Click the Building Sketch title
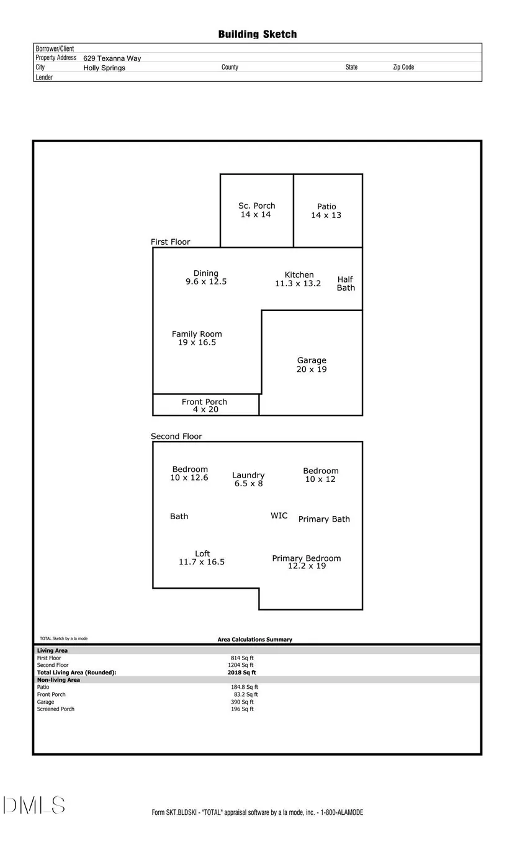pos(258,34)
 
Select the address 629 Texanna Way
pos(112,58)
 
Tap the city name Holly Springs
pos(104,68)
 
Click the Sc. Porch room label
pos(256,210)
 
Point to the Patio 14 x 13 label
pos(326,211)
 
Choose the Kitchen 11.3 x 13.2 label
pos(298,279)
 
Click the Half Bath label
pos(346,283)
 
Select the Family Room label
pos(197,338)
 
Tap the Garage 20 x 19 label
pos(312,365)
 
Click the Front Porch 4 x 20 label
pos(204,406)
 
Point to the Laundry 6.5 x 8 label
pos(248,479)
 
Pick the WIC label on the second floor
pos(279,515)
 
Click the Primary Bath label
pos(324,519)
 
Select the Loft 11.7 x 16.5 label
pos(202,558)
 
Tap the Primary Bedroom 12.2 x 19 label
pos(307,562)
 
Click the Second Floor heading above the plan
pos(176,437)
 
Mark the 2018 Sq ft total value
pos(241,673)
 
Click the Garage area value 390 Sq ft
pos(242,702)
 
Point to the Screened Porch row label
pos(56,709)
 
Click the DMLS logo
pos(34,805)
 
